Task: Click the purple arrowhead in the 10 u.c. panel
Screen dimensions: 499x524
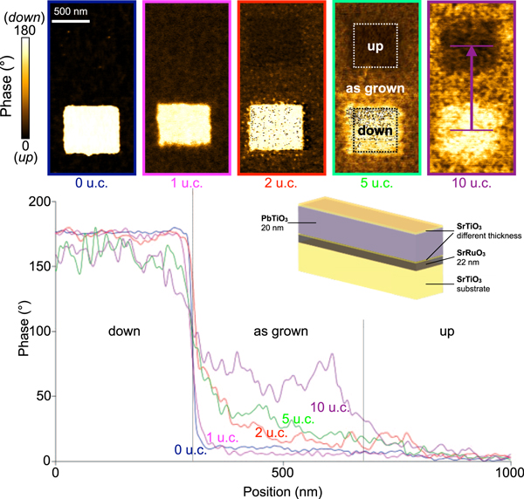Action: [x=472, y=51]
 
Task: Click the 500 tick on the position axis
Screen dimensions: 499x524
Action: [x=283, y=472]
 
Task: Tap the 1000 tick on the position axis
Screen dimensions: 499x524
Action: [x=508, y=472]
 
